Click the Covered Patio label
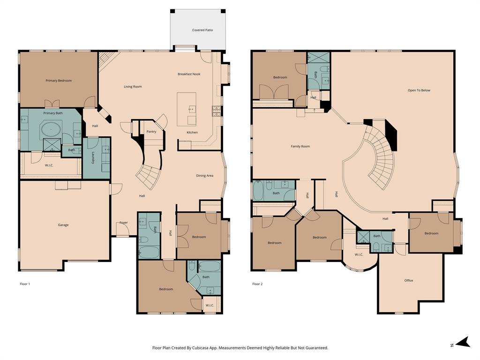click(x=202, y=30)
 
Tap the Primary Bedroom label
click(x=59, y=81)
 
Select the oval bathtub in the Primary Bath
click(x=49, y=128)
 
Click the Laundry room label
click(x=93, y=157)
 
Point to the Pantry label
click(x=151, y=132)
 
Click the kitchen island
click(x=187, y=109)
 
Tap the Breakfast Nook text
click(x=189, y=74)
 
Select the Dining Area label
click(x=204, y=176)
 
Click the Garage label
click(x=63, y=225)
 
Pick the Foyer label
click(x=124, y=223)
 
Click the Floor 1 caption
click(x=25, y=284)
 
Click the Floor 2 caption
click(x=257, y=284)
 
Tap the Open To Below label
click(x=419, y=90)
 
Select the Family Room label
click(x=300, y=146)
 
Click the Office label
click(x=409, y=280)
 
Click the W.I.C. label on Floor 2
click(x=359, y=255)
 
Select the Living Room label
click(x=133, y=87)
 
